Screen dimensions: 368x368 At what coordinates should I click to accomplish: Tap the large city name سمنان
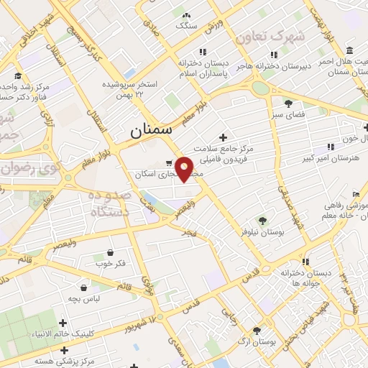[152, 131]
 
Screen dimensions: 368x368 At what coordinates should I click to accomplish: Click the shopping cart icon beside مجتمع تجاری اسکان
[169, 162]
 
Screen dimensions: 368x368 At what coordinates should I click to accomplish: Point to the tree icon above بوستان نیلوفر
[262, 220]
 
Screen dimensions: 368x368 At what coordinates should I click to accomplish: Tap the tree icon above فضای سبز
[288, 103]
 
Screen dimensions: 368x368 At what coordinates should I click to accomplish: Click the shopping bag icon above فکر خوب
[110, 252]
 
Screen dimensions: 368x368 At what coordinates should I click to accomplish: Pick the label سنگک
[185, 26]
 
